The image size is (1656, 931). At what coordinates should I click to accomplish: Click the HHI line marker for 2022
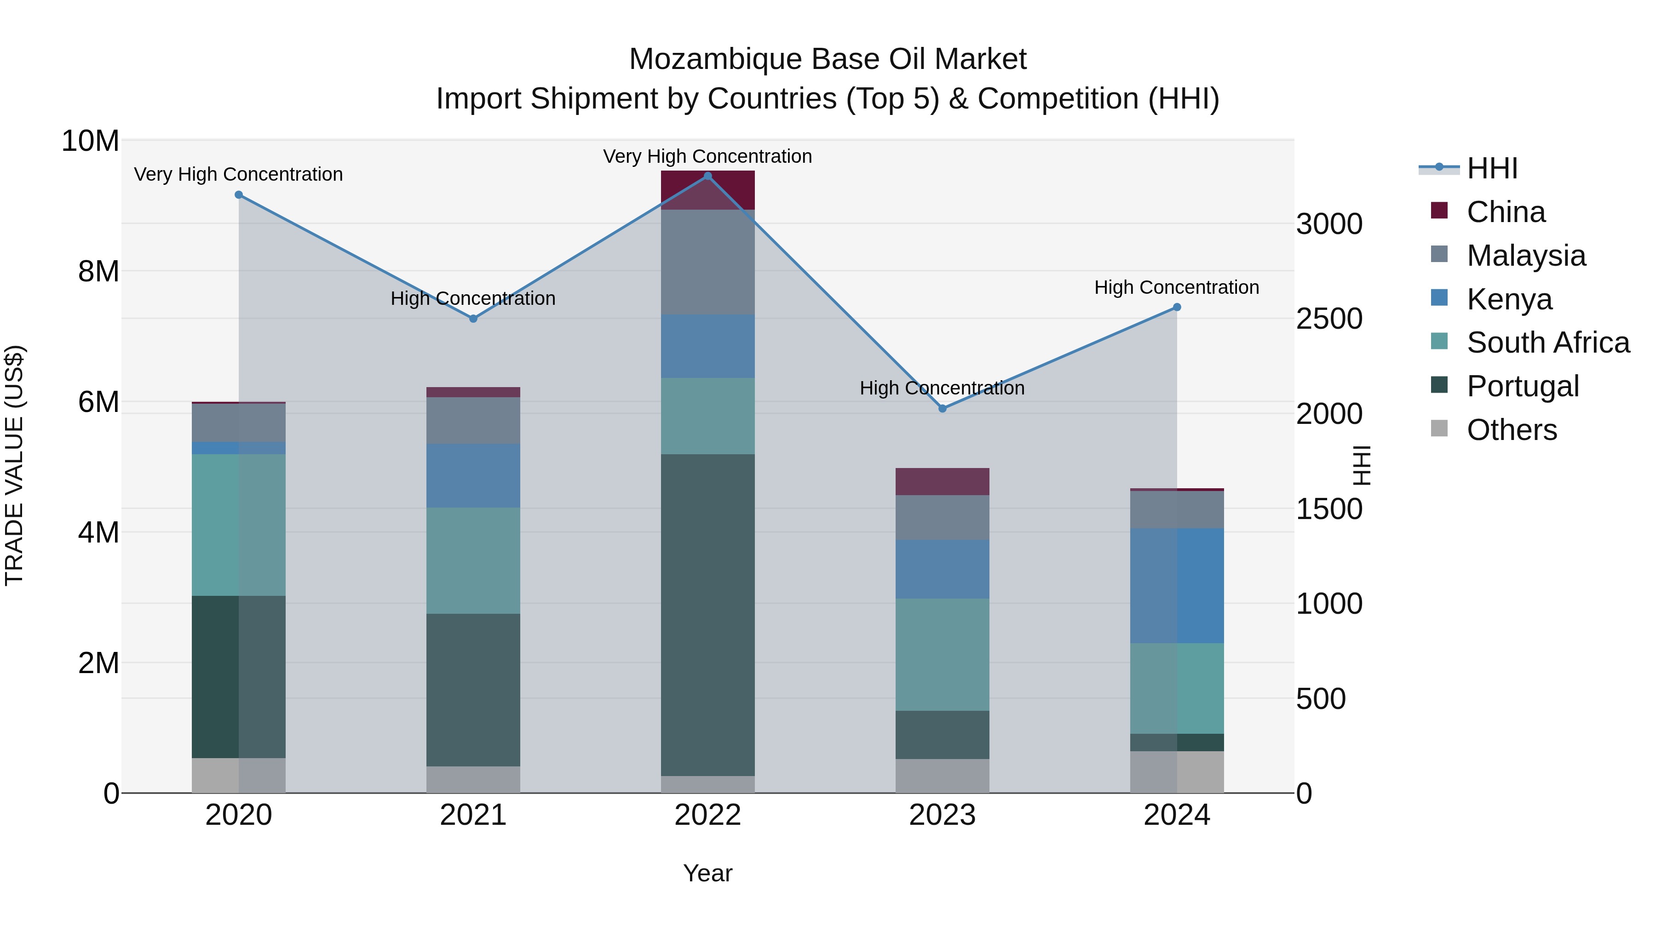[708, 176]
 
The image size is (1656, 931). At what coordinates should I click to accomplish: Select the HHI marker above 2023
[943, 409]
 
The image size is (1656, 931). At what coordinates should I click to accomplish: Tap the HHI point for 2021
[473, 319]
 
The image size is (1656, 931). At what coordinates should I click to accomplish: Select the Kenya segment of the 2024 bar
[1177, 586]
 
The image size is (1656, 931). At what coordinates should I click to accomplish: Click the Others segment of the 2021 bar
[473, 779]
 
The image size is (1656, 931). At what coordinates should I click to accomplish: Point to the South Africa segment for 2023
[943, 655]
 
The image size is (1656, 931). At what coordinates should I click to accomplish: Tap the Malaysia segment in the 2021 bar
[473, 421]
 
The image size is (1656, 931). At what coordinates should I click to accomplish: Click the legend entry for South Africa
[1548, 343]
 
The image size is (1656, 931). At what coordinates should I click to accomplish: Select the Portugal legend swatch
[1439, 386]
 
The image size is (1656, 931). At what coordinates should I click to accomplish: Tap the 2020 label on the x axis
[238, 815]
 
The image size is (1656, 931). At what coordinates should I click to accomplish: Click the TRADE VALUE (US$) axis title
[14, 465]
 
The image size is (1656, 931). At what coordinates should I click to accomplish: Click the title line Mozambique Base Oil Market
[828, 59]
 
